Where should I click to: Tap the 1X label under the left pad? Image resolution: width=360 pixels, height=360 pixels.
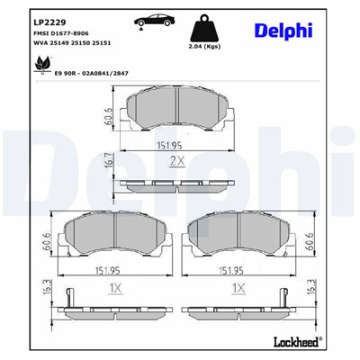click(114, 290)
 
